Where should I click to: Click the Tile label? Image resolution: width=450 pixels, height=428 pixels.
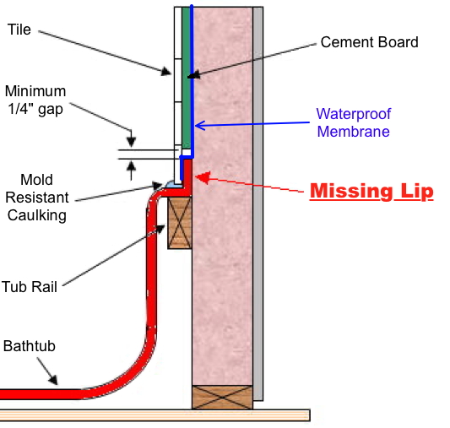click(19, 30)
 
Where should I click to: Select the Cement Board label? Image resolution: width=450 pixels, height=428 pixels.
click(369, 42)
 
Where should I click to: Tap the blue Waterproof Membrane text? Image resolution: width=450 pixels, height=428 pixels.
click(354, 122)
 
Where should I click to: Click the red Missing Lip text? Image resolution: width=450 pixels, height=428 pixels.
click(371, 191)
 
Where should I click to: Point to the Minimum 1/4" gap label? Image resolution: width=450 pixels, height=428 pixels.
click(35, 100)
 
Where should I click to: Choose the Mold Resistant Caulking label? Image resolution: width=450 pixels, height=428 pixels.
click(37, 198)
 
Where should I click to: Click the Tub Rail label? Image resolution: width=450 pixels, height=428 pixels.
click(30, 286)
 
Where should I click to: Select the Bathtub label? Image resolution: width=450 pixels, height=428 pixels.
click(30, 346)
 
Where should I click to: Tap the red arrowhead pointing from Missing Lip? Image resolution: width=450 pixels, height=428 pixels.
click(203, 177)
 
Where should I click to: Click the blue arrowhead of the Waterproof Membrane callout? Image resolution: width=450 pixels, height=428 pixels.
click(200, 126)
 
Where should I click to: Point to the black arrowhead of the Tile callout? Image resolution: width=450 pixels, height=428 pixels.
click(166, 71)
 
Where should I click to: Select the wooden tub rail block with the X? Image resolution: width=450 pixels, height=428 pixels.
click(180, 223)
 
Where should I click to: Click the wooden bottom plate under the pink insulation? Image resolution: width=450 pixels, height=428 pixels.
click(222, 398)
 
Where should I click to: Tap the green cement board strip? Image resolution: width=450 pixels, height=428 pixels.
click(187, 78)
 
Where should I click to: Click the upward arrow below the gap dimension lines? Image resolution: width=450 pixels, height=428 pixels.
click(131, 171)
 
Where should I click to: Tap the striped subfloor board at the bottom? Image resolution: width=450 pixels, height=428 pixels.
click(155, 415)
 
